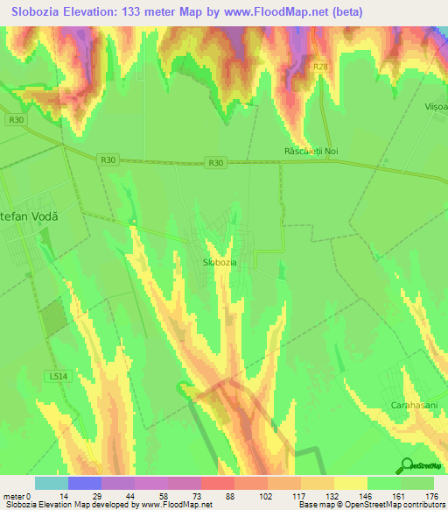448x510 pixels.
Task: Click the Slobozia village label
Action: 219,262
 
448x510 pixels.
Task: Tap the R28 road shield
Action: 321,66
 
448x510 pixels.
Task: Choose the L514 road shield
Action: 57,375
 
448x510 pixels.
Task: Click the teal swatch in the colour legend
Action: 52,483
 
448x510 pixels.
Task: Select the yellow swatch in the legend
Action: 350,483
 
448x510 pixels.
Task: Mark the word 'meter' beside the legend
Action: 14,496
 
